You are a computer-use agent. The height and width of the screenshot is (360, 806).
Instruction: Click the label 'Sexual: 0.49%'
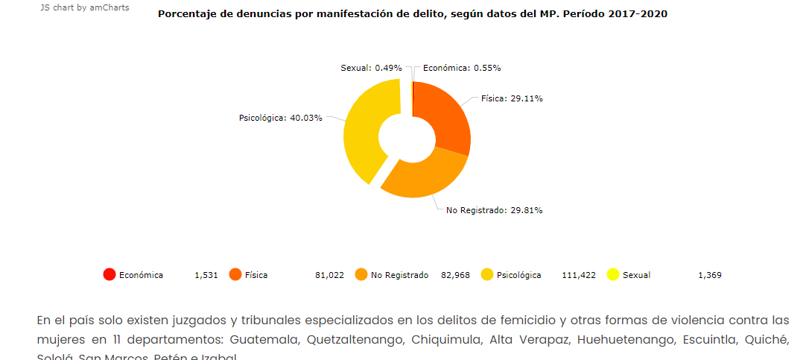click(x=371, y=68)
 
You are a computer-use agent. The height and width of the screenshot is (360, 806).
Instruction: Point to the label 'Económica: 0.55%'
click(x=462, y=68)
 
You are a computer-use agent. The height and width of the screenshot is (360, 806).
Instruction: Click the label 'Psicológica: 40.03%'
click(x=280, y=118)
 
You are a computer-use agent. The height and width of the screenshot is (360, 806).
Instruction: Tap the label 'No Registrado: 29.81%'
click(x=494, y=210)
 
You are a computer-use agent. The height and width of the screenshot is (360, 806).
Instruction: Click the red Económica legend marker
click(x=110, y=275)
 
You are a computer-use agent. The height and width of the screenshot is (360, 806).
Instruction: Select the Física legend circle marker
click(x=235, y=275)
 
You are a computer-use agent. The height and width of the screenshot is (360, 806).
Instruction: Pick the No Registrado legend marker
click(x=361, y=275)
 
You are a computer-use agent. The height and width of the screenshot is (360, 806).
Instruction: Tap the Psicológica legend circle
click(x=487, y=275)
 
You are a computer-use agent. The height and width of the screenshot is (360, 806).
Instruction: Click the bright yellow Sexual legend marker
click(x=613, y=275)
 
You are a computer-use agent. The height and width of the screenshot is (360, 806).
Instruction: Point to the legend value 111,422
click(x=579, y=275)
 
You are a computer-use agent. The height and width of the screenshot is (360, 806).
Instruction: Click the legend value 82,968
click(x=455, y=275)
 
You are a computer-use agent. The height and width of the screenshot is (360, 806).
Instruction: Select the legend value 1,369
click(x=709, y=275)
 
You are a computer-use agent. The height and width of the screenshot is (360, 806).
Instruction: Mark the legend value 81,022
click(x=329, y=275)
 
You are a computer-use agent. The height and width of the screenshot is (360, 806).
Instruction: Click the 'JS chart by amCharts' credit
click(x=84, y=7)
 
